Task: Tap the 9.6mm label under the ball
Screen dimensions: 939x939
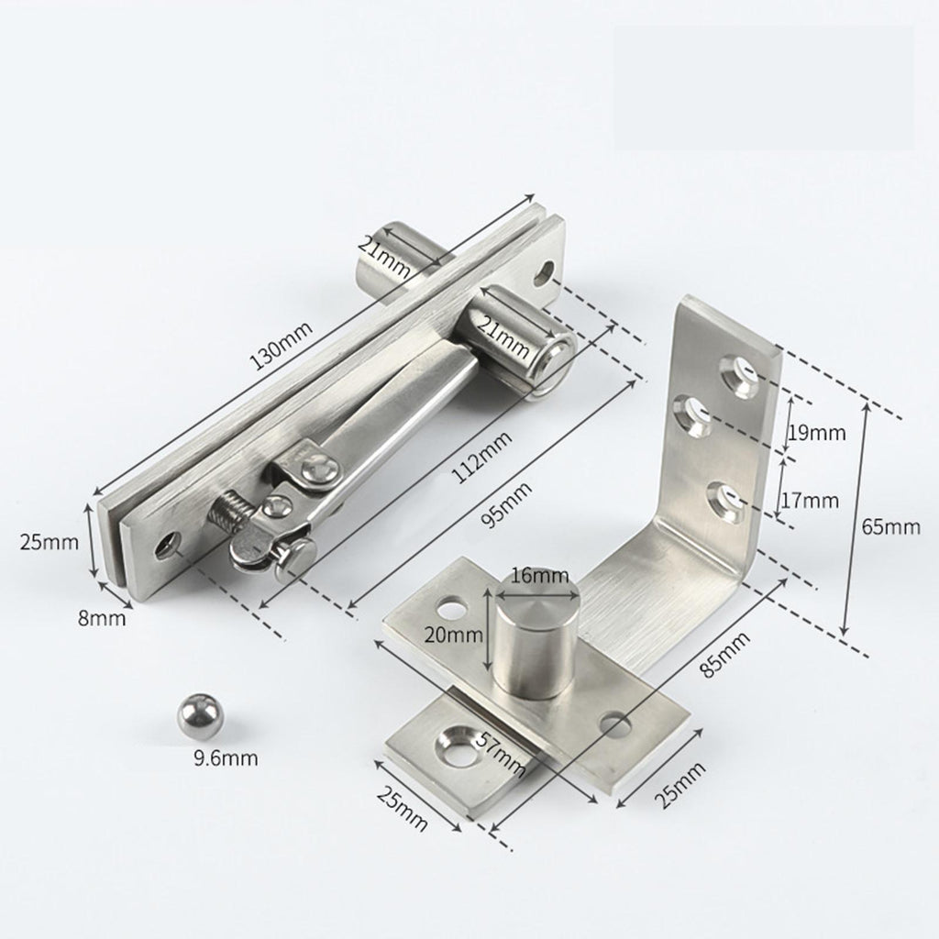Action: coord(226,758)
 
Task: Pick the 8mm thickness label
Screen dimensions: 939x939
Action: coord(102,617)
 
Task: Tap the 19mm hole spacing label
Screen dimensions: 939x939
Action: coord(817,433)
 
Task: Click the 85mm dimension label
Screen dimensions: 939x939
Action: coord(726,655)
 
